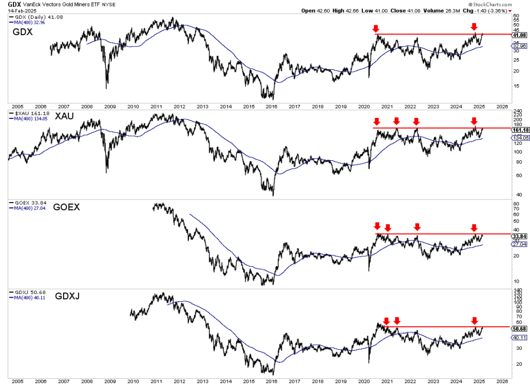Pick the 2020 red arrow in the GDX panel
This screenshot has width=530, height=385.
[x=376, y=28]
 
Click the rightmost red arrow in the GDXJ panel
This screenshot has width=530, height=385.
[x=474, y=321]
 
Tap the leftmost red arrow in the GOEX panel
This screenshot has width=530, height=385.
[x=377, y=226]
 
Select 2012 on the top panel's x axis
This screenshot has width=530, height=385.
[x=180, y=106]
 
